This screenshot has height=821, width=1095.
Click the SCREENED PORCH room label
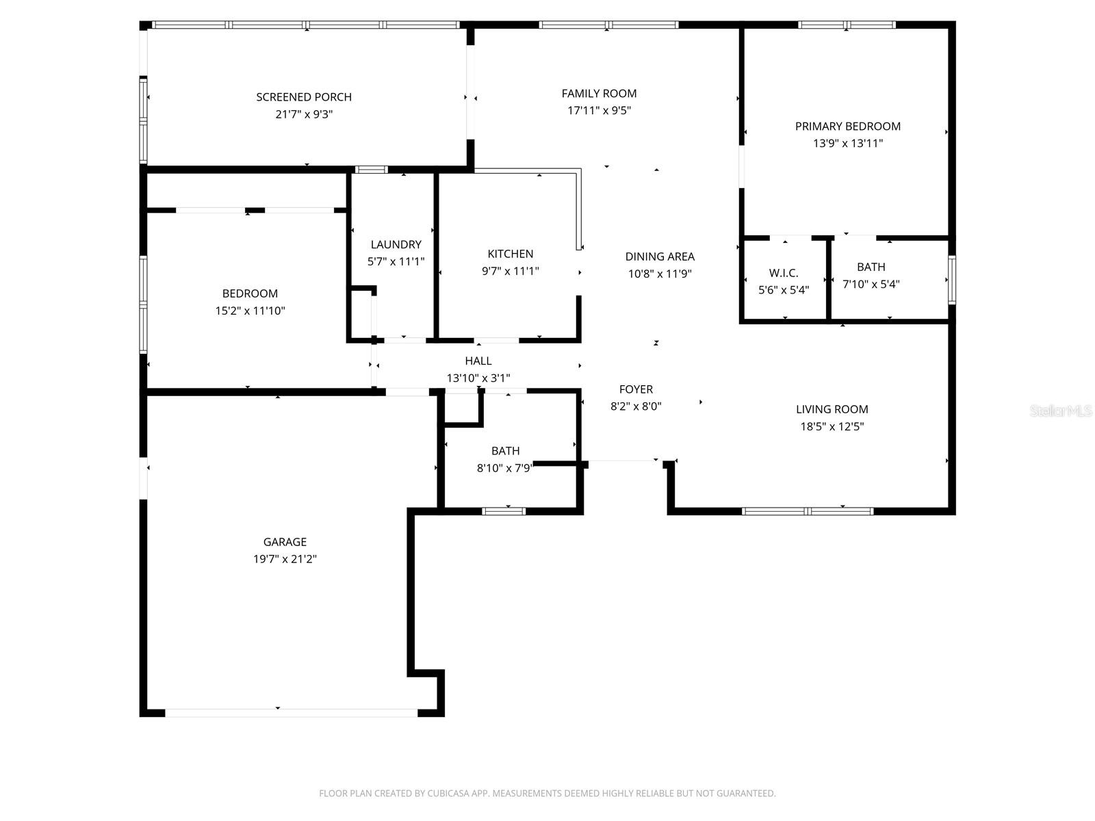pos(304,97)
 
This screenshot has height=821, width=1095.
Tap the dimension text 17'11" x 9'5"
pos(599,110)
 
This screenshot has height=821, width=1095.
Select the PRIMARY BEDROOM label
pos(847,126)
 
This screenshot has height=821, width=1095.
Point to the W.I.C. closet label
pos(784,273)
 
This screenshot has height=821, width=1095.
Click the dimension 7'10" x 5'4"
pos(871,284)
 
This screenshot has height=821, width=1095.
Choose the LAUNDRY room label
pos(396,244)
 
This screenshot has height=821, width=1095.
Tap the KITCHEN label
pos(510,254)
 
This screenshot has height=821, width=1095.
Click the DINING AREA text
pos(659,257)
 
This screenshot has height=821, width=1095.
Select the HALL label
pos(478,361)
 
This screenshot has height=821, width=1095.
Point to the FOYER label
pos(635,389)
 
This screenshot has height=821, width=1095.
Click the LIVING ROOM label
pos(832,409)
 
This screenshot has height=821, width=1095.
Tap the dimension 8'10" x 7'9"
pos(504,468)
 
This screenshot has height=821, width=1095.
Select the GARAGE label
pos(285,542)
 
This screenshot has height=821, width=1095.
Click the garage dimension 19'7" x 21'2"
pos(285,559)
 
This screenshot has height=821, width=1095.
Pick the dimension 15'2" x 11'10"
pos(250,311)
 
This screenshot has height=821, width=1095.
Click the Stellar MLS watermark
pos(1061,410)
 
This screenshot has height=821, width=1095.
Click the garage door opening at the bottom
pos(291,712)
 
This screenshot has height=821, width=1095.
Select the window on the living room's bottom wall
pos(808,510)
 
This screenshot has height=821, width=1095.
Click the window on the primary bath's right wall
pos(951,280)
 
